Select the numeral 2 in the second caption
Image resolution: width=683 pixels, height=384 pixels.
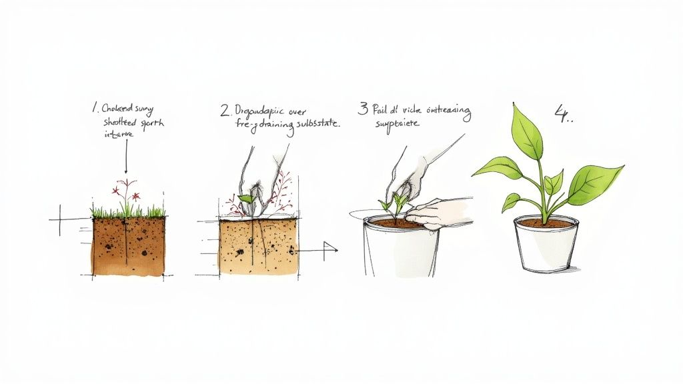(225, 110)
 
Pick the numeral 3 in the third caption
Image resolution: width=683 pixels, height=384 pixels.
(363, 109)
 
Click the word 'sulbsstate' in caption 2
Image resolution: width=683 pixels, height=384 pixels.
(313, 125)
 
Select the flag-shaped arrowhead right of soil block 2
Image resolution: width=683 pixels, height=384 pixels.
(329, 251)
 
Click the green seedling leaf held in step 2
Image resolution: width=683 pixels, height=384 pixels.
(245, 198)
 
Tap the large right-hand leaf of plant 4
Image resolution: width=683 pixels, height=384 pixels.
(595, 184)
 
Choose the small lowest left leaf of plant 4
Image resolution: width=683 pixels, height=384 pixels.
(512, 201)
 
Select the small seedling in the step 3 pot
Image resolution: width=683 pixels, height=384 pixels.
(394, 201)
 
